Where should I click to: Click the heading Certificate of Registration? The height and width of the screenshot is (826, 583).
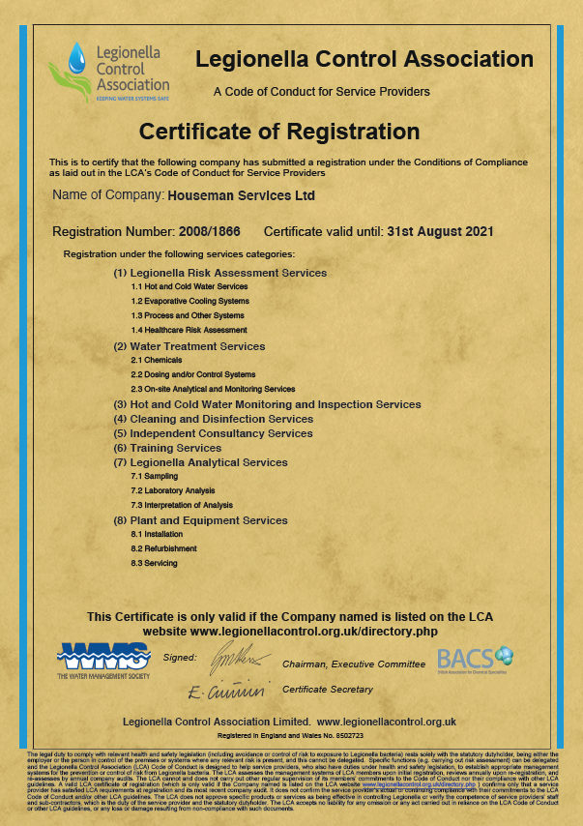pos(292,132)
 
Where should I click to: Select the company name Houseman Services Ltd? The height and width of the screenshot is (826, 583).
pos(242,195)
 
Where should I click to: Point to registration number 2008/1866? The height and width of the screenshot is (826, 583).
pos(209,232)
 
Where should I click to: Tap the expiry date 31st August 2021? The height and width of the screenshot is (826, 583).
pos(440,232)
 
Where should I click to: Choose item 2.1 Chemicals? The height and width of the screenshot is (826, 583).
pos(157,360)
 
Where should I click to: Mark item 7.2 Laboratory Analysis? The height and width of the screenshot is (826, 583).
pos(173,491)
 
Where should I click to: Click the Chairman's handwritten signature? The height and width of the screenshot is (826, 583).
pos(236,660)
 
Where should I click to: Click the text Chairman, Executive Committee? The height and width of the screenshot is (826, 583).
pos(353,664)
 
